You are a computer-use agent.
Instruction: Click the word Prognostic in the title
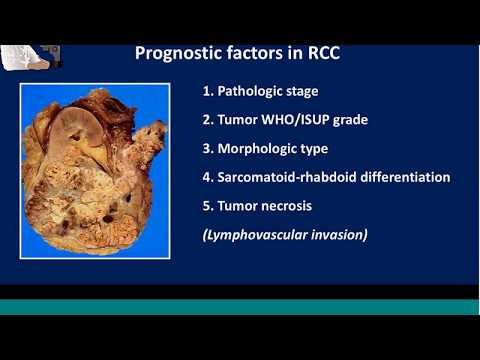click(x=174, y=53)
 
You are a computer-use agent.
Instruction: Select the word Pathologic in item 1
click(x=250, y=91)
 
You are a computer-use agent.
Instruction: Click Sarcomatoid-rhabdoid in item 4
click(x=288, y=177)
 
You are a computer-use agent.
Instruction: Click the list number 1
click(x=207, y=91)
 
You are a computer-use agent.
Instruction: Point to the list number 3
click(x=207, y=149)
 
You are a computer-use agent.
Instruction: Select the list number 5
click(x=207, y=206)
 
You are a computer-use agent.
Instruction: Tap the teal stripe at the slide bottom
click(x=240, y=307)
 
